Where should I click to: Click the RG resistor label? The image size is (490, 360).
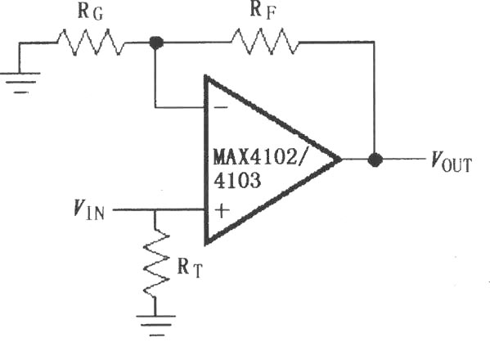click(x=90, y=11)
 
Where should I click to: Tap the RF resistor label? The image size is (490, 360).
click(x=263, y=11)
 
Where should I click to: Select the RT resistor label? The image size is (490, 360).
click(x=190, y=268)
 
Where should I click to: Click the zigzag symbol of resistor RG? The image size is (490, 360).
click(x=91, y=43)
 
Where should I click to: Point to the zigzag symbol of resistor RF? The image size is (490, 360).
click(x=265, y=42)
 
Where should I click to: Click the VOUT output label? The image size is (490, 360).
click(x=451, y=161)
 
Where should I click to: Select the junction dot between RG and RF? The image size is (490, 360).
click(x=156, y=43)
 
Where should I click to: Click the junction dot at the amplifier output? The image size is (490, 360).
click(x=375, y=160)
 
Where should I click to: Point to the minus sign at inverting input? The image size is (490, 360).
click(x=221, y=107)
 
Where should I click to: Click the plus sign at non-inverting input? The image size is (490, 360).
click(x=222, y=210)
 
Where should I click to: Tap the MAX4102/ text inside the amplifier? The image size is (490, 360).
click(x=258, y=157)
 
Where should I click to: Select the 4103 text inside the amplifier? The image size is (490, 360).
click(x=237, y=180)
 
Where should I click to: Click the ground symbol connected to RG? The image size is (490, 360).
click(x=20, y=83)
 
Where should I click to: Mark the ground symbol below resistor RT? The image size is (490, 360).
click(x=156, y=326)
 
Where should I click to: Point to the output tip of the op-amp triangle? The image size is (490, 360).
click(x=341, y=160)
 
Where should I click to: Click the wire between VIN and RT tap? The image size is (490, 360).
click(x=134, y=209)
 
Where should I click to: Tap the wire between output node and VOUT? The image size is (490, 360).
click(x=404, y=160)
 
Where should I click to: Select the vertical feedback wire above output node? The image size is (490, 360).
click(x=374, y=97)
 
